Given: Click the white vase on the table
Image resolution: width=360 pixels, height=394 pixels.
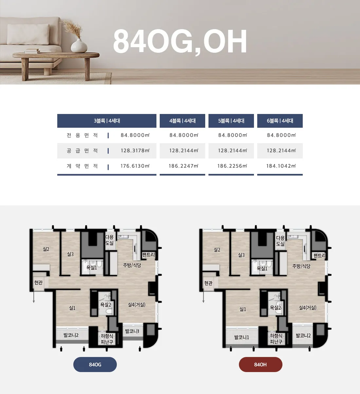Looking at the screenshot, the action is coord(79,46).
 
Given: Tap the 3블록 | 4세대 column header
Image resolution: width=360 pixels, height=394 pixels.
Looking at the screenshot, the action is coord(107,121).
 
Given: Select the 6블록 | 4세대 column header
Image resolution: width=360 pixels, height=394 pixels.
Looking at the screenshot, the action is coord(280,121).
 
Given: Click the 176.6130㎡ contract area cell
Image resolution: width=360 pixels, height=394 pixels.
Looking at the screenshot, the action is coord(135,166).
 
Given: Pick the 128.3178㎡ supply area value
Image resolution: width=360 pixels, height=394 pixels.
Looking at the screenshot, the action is coord(135,151).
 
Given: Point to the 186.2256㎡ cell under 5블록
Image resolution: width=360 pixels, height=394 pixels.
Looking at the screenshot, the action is coord(232,166).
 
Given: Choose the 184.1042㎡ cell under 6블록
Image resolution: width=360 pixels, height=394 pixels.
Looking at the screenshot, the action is coord(281,166).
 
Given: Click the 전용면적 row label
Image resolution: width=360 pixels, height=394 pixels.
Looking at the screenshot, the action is coord(82,135).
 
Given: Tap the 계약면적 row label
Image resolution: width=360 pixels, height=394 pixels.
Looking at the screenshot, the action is coord(82,166).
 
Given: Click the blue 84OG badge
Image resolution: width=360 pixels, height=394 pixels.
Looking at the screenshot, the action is coord(95,365).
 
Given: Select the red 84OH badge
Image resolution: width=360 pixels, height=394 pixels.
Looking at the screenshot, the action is coord(261,365).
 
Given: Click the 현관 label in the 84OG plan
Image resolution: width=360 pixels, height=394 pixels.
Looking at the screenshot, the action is coord(38,282).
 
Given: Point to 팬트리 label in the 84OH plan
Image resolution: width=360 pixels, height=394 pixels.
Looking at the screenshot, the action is coord(319,255).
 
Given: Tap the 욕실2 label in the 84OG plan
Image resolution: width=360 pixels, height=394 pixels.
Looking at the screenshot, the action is coord(106,305).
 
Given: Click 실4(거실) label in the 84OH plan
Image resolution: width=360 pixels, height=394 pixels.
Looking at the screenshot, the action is coord(308,308).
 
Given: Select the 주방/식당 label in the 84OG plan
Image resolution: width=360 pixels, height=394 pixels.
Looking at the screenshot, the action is coord(132,265).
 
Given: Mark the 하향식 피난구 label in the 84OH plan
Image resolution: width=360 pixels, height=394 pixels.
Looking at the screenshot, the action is coord(276,339).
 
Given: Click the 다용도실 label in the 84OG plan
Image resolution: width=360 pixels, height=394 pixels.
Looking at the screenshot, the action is coord(109,240).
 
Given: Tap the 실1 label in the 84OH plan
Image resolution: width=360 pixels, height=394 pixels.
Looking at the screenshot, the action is coord(243,309).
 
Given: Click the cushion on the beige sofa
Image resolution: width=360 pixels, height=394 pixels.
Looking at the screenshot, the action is coord(28,34).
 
